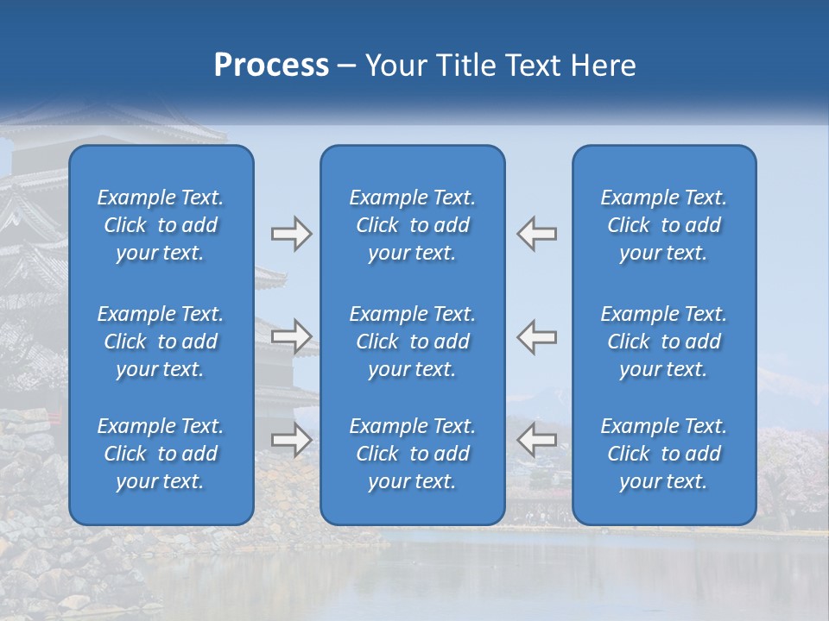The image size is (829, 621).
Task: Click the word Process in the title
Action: point(271,66)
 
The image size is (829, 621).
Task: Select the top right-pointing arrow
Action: point(291,234)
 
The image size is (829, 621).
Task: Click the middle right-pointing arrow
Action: point(291,336)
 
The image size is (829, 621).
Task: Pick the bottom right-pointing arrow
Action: point(291,440)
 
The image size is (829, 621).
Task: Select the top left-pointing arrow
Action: point(537,234)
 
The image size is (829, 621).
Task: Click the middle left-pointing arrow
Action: point(537,336)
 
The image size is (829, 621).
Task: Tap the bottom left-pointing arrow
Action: point(537,440)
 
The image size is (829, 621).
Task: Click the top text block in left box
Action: point(161,225)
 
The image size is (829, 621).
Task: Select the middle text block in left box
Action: point(161,342)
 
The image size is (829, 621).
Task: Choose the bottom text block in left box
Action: point(161,454)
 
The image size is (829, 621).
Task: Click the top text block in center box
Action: point(413,225)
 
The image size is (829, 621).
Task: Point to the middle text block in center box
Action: point(413,342)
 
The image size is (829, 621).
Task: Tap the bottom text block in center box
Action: point(413,454)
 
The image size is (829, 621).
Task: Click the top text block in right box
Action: point(664,225)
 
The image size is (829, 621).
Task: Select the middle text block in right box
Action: point(664,342)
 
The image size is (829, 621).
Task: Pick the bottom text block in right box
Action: point(664,454)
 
